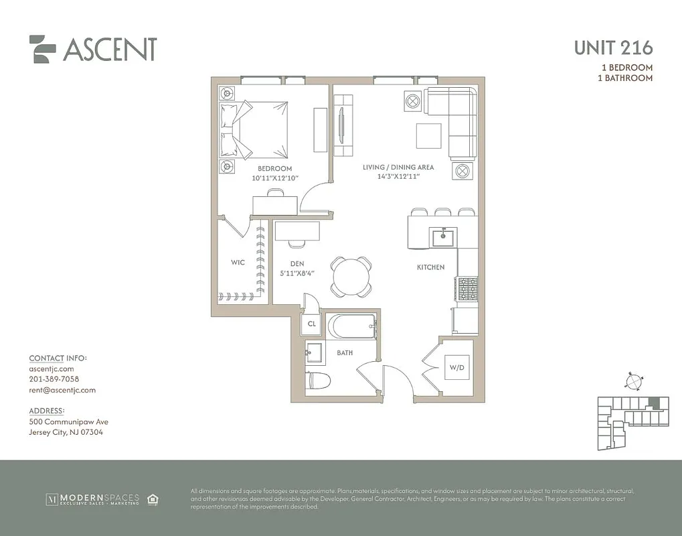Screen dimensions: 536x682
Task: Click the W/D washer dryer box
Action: (x=456, y=367)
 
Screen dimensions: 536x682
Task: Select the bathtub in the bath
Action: (x=351, y=327)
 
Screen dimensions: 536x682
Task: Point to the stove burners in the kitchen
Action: (x=466, y=289)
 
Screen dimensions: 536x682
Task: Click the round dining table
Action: (x=351, y=276)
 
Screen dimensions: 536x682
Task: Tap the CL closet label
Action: (x=311, y=324)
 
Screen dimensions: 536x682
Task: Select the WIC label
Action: (x=238, y=263)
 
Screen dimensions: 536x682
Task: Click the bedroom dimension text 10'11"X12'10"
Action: (x=274, y=178)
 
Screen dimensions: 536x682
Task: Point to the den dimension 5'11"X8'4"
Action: (x=298, y=273)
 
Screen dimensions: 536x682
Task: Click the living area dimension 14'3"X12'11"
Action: (x=398, y=178)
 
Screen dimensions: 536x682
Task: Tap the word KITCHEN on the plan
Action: (x=430, y=267)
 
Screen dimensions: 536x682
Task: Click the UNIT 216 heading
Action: (x=613, y=48)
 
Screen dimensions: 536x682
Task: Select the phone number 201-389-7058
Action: (x=54, y=379)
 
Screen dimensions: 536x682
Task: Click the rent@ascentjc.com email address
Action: (x=62, y=390)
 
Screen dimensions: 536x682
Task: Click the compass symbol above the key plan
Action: (x=632, y=382)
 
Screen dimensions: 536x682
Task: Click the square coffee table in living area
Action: (x=428, y=136)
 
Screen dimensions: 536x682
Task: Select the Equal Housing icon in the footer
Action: (x=153, y=498)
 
